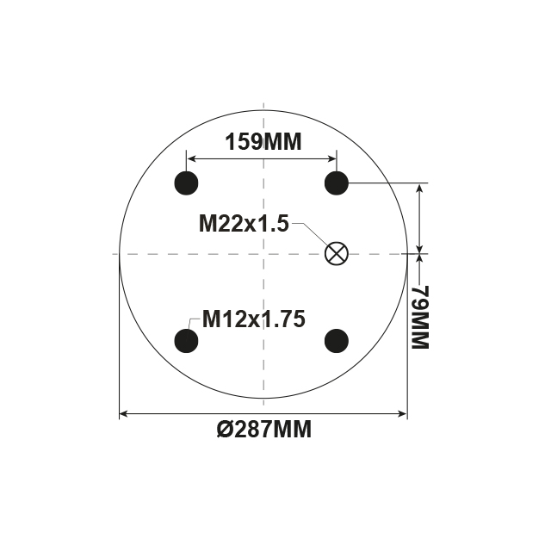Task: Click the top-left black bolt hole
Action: click(187, 183)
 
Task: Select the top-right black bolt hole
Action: click(336, 183)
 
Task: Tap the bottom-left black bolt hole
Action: click(187, 341)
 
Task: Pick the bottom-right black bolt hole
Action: click(336, 341)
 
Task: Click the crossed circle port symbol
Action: click(336, 253)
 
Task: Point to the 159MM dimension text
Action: click(263, 142)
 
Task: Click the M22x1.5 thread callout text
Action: click(243, 224)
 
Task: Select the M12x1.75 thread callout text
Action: click(254, 319)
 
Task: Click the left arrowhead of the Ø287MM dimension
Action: click(124, 414)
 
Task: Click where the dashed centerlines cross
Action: click(263, 253)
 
